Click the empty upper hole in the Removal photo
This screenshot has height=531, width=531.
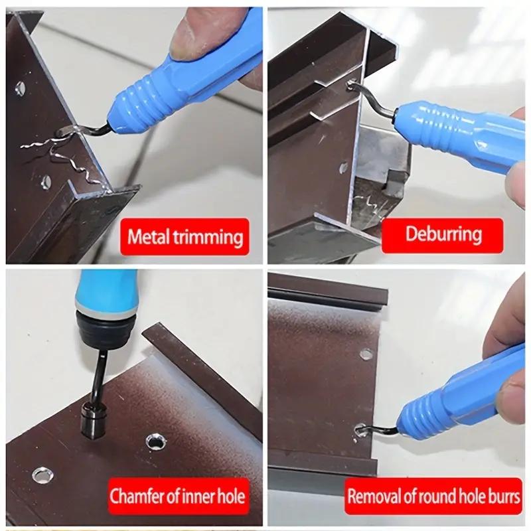coord(366,354)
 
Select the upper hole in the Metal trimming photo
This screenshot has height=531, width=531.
coord(20,87)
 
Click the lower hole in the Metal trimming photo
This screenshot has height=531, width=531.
coord(45,181)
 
